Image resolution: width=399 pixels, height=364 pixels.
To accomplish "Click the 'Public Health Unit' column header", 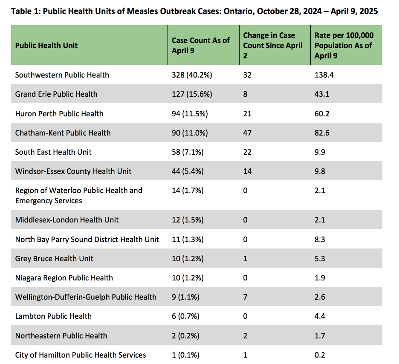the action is tap(46, 46).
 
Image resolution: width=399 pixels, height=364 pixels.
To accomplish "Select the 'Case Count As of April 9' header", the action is tap(200, 46).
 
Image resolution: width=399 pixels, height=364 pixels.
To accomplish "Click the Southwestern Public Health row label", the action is tap(62, 75).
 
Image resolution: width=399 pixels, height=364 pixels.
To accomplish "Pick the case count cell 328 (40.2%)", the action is tap(192, 75).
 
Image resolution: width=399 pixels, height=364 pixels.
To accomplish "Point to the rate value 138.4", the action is tap(324, 75).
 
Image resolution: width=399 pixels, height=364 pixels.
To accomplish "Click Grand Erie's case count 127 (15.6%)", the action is tap(192, 94).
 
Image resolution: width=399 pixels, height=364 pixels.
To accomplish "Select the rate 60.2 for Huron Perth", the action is tap(322, 114).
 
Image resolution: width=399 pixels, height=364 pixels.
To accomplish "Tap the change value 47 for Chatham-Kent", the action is tap(247, 133).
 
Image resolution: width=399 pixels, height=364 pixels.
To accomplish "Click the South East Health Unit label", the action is tap(53, 152).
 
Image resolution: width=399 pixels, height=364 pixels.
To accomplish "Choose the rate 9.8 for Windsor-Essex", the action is tap(320, 171).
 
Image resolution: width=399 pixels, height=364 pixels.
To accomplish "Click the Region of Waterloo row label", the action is tap(78, 196).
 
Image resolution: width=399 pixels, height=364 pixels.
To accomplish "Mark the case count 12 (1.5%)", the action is tap(188, 220).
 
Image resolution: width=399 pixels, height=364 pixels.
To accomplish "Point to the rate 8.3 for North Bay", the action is tap(320, 240).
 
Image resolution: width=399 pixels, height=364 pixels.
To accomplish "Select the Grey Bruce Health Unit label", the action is tap(54, 259).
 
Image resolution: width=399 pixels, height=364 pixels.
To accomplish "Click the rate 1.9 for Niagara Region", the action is tap(320, 278).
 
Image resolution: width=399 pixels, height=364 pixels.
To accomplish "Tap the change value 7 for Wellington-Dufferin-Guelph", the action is tap(245, 297).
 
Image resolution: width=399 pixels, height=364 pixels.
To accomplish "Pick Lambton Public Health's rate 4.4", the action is tap(320, 316).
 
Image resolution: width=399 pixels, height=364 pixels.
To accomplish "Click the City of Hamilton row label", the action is tap(81, 355).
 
